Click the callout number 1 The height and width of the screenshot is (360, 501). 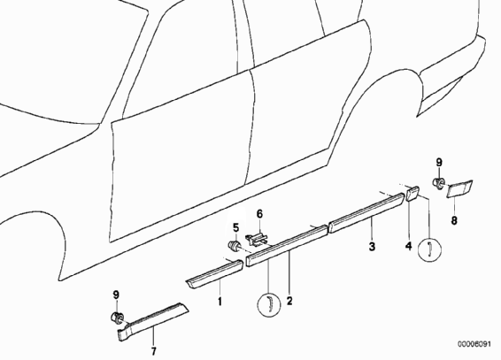pos(220,302)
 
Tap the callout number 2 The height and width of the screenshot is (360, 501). pos(289,301)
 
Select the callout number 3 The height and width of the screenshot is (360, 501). pos(372,247)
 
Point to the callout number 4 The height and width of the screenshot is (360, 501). pos(409,247)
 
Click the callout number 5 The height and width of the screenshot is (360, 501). pos(235,228)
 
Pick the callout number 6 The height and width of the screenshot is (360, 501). pos(259,214)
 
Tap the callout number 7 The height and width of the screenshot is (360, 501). pos(154,351)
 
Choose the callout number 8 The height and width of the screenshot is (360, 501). pos(454,220)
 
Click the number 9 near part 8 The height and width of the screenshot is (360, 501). pos(439,163)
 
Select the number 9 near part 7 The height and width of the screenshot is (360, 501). pos(116,295)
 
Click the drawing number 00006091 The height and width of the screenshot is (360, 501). pos(474,344)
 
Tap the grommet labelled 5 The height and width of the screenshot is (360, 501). pos(234,246)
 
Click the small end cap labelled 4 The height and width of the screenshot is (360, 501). pos(412,193)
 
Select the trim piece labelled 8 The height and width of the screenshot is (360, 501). pos(459,189)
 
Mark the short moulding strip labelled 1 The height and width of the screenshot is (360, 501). pos(215,274)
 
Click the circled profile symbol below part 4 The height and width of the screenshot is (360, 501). pos(430,249)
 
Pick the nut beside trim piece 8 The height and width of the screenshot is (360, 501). pos(438,183)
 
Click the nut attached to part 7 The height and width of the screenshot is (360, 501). pos(117,318)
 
